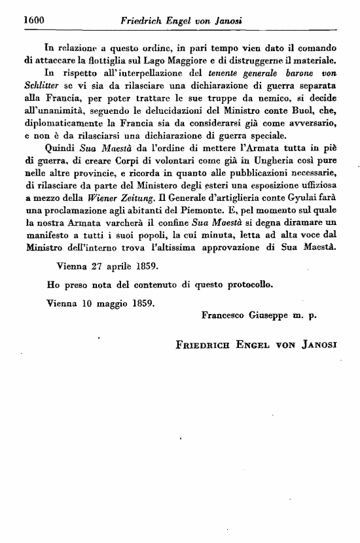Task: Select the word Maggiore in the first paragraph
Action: click(189, 60)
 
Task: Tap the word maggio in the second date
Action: click(115, 304)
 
